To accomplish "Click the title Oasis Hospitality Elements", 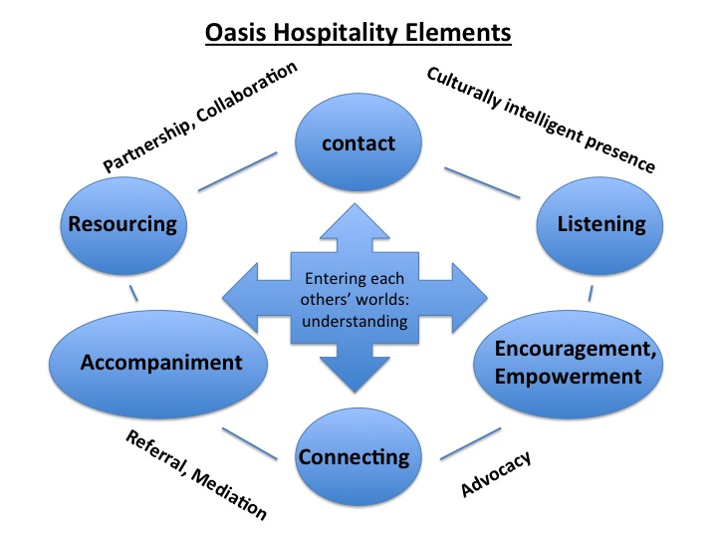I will [358, 32].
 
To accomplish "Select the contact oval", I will [358, 143].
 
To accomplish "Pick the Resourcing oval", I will [121, 224].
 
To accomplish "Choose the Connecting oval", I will [354, 457].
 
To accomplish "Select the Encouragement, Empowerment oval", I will [569, 363].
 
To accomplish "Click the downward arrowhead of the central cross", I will [356, 378].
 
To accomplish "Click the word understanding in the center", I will [356, 321].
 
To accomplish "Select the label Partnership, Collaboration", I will [200, 117].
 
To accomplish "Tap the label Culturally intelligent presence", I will [540, 119].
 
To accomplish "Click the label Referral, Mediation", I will [196, 474].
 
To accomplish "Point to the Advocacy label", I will [495, 473].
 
